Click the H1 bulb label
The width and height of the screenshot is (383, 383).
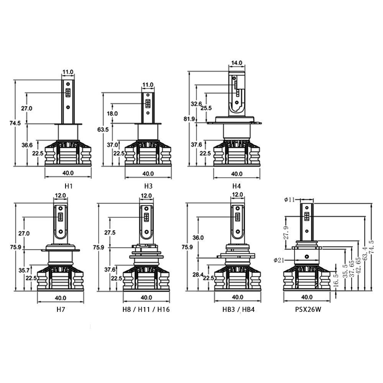pyautogui.click(x=69, y=186)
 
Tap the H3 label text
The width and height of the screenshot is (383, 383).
pyautogui.click(x=148, y=186)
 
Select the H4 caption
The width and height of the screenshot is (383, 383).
pyautogui.click(x=236, y=186)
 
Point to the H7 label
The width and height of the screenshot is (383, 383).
pyautogui.click(x=61, y=309)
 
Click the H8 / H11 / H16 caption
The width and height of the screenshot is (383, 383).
pyautogui.click(x=146, y=309)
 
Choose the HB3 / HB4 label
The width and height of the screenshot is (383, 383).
pyautogui.click(x=238, y=309)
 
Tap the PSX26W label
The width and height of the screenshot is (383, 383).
pyautogui.click(x=308, y=309)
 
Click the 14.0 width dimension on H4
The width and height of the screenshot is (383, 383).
pyautogui.click(x=237, y=63)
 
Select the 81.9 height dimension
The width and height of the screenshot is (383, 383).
pyautogui.click(x=189, y=119)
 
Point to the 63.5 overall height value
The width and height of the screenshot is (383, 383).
pyautogui.click(x=103, y=129)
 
